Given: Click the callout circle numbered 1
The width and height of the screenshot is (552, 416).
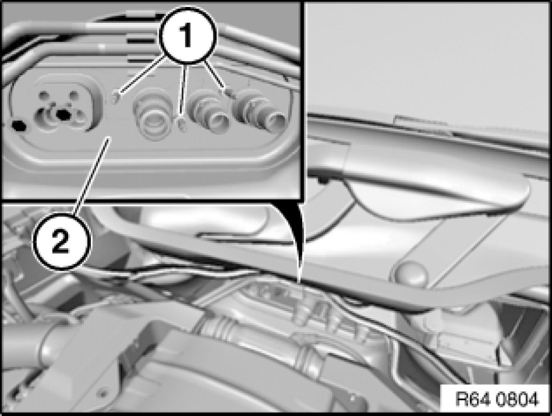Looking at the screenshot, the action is (x=187, y=36).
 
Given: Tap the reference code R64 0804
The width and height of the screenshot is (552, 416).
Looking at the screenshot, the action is (x=496, y=400).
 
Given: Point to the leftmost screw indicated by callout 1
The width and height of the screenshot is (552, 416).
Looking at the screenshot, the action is (x=116, y=97).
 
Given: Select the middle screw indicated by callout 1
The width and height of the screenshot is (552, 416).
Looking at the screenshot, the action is (x=181, y=124).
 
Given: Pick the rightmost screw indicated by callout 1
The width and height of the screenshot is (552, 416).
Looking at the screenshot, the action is (x=230, y=93).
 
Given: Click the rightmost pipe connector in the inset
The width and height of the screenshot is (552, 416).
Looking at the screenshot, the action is (x=261, y=110).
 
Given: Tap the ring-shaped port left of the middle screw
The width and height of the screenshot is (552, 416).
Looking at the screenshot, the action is (x=154, y=115).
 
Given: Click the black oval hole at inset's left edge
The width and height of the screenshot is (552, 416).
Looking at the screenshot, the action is (x=19, y=125).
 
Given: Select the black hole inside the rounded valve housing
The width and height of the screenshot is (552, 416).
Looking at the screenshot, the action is (x=64, y=114).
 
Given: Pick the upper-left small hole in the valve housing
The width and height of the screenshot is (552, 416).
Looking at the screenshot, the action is (x=44, y=95).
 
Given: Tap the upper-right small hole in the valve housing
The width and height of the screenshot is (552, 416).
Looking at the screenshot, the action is (x=74, y=95).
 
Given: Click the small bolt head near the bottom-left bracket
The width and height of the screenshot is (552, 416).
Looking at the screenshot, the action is (x=102, y=390).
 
